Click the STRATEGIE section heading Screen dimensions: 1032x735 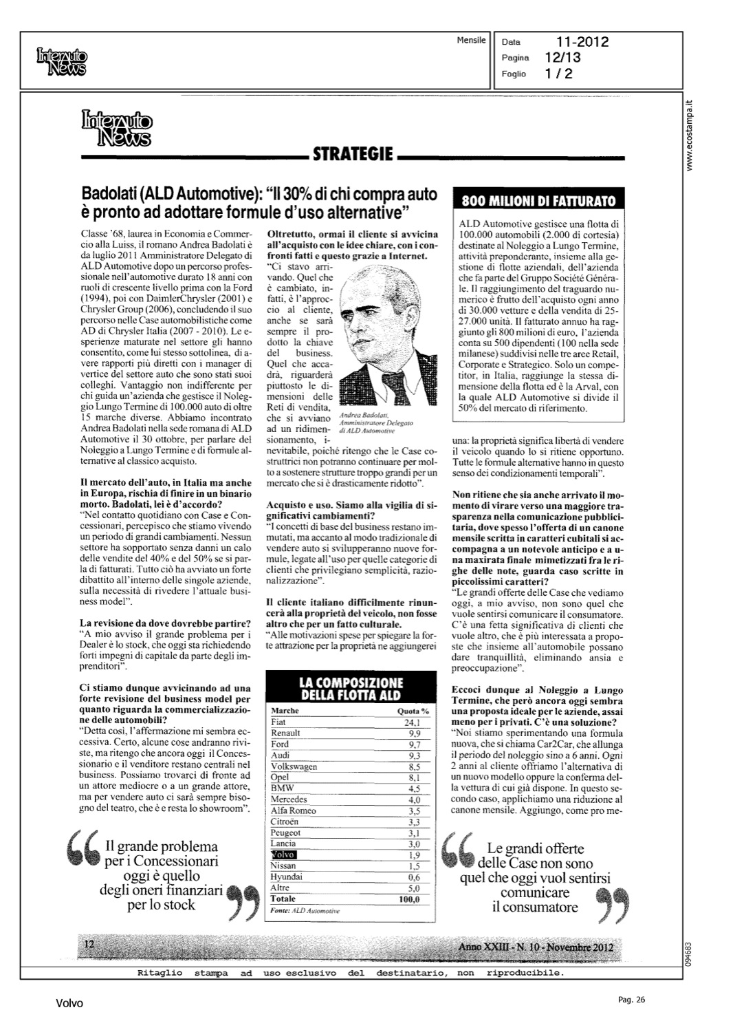[x=353, y=153]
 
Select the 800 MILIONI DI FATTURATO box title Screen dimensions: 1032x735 [x=538, y=201]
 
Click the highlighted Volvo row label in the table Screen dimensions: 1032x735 [x=283, y=854]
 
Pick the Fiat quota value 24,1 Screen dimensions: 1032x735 [x=412, y=722]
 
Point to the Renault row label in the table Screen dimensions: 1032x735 [x=285, y=733]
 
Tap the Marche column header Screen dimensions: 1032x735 [x=284, y=711]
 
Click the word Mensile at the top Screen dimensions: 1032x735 [x=471, y=41]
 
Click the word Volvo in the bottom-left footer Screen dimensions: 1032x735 [x=69, y=1004]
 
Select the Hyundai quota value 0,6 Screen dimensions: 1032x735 [x=413, y=877]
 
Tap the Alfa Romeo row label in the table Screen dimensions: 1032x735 [x=294, y=810]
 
